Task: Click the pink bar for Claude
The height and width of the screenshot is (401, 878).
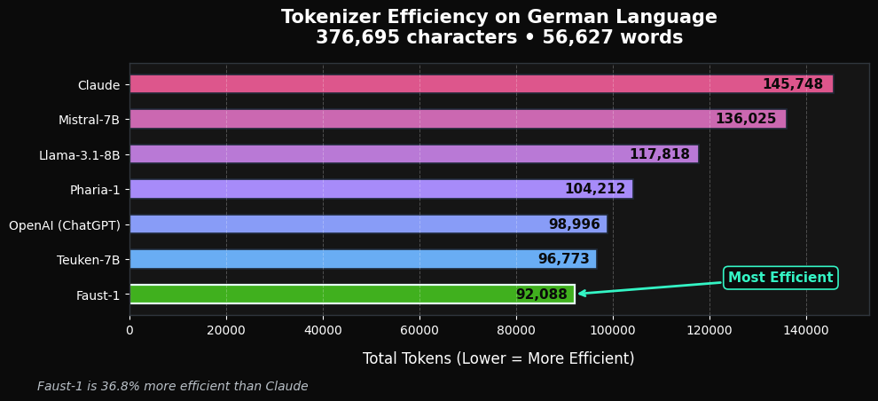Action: coord(443,84)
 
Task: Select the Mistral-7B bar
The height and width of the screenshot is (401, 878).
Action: coord(426,119)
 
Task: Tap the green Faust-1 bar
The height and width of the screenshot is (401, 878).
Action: coord(319,295)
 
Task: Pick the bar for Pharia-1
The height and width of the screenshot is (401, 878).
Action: coord(355,189)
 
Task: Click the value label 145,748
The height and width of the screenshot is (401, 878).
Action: coord(792,84)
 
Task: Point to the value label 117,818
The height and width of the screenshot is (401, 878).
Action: coord(659,154)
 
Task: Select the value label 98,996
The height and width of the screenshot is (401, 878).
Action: coord(574,224)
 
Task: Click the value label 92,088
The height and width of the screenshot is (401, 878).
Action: coord(541,295)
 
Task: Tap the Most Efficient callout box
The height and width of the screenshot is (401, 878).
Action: coord(780,278)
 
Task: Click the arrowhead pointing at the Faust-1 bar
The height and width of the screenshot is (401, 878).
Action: coord(582,293)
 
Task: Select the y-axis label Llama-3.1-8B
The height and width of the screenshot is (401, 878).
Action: coord(79,155)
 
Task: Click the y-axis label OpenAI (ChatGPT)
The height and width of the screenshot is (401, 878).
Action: coord(64,225)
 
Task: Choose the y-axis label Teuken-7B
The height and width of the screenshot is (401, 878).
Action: coord(88,260)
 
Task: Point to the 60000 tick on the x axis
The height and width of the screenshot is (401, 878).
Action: coord(419,330)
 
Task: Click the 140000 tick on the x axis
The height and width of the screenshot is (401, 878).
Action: coord(806,330)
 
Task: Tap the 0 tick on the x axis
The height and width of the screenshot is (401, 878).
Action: coord(129,330)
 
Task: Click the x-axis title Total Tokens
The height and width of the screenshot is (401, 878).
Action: coord(498,358)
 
